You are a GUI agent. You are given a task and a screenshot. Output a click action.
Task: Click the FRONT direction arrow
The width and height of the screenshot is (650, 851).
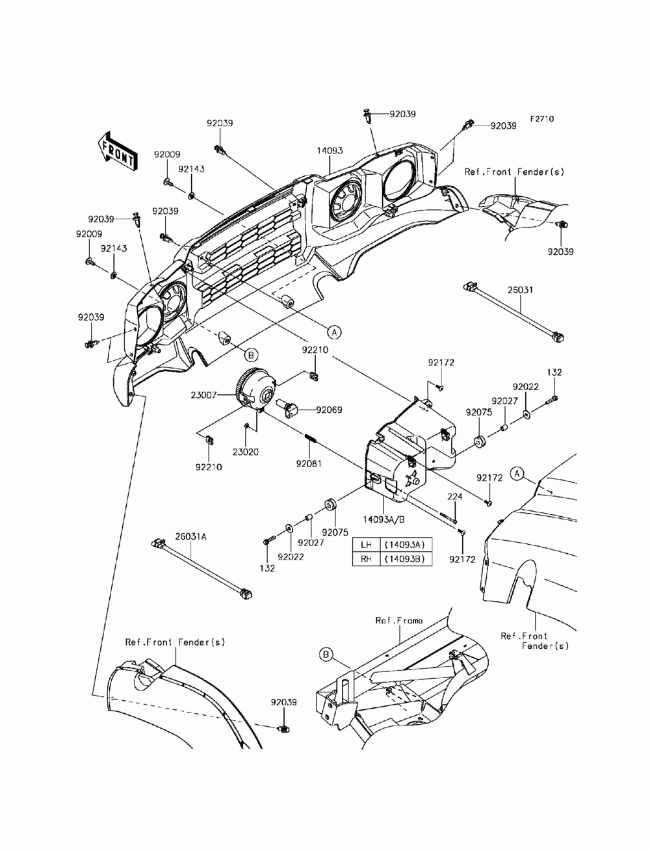point(116,151)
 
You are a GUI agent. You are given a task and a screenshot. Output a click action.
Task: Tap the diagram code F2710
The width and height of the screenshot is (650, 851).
point(541,119)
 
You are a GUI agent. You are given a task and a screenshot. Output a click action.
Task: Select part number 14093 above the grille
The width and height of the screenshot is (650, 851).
point(330,151)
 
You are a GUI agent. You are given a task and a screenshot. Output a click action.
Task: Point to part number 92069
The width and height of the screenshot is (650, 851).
point(329,410)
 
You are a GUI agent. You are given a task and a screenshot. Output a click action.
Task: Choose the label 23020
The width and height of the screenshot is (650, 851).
point(246,452)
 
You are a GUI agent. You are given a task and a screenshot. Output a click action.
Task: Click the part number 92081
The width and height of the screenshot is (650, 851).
point(309,464)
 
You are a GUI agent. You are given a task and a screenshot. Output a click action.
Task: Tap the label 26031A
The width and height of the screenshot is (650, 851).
point(190,537)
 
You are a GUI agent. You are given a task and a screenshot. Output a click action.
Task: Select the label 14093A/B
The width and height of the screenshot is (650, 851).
point(383,519)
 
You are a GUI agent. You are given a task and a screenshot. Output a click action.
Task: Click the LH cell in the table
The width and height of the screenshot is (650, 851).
point(366,545)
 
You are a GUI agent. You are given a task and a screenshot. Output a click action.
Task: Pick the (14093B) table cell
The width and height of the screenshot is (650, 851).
point(406,558)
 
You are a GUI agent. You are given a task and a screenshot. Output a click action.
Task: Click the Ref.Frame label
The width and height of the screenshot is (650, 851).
point(399,621)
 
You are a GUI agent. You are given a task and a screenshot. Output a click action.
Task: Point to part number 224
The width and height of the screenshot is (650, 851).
point(454,497)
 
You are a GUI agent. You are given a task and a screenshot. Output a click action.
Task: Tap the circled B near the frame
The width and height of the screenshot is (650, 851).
point(326,655)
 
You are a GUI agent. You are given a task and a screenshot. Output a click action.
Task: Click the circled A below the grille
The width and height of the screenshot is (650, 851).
point(334,332)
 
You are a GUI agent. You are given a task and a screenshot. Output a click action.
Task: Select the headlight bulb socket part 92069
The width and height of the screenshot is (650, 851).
point(289,409)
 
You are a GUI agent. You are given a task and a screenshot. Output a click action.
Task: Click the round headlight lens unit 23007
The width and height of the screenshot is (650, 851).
point(256,389)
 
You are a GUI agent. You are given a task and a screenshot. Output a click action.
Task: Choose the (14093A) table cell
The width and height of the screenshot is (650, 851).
point(406,545)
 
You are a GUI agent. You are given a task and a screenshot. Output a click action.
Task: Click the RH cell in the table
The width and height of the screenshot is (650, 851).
point(366,558)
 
